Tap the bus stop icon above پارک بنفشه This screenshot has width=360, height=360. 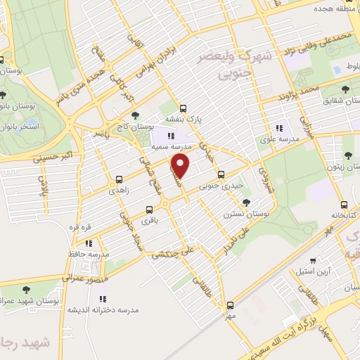pos(184,108)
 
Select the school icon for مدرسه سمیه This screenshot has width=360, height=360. pos(170,136)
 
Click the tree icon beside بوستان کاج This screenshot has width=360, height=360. pos(135,115)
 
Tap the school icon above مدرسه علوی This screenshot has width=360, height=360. pos(279,128)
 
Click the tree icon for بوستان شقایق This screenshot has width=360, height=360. pos(345,89)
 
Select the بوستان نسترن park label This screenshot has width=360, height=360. pos(243,213)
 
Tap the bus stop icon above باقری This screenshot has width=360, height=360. pos(148,209)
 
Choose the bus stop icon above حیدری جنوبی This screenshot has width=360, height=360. pos(221,175)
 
